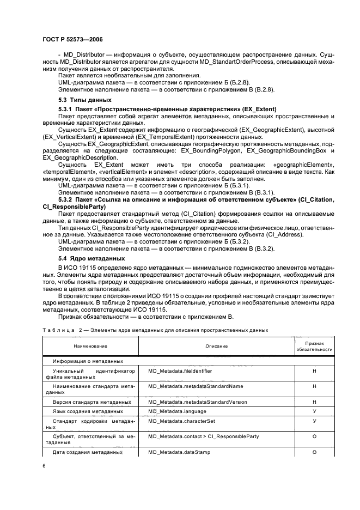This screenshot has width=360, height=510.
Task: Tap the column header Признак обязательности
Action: point(314,347)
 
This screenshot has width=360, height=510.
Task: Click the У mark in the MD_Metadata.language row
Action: point(314,411)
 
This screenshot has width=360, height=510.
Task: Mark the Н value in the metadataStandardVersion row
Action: point(314,402)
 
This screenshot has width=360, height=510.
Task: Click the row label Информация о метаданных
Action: point(87,361)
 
